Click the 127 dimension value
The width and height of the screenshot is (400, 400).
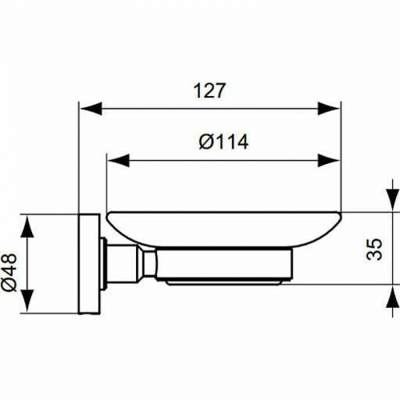pyautogui.click(x=209, y=90)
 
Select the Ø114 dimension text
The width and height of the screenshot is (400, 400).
pyautogui.click(x=223, y=142)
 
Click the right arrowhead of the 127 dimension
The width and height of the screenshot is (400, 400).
pyautogui.click(x=332, y=106)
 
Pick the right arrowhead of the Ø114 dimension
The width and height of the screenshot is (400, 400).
pyautogui.click(x=332, y=161)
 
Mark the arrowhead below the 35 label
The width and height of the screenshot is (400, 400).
pyautogui.click(x=390, y=298)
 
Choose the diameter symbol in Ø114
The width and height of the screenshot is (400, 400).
pyautogui.click(x=205, y=142)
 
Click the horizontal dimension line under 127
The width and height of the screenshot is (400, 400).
pyautogui.click(x=209, y=106)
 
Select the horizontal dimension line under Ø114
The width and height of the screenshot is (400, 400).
pyautogui.click(x=223, y=161)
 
